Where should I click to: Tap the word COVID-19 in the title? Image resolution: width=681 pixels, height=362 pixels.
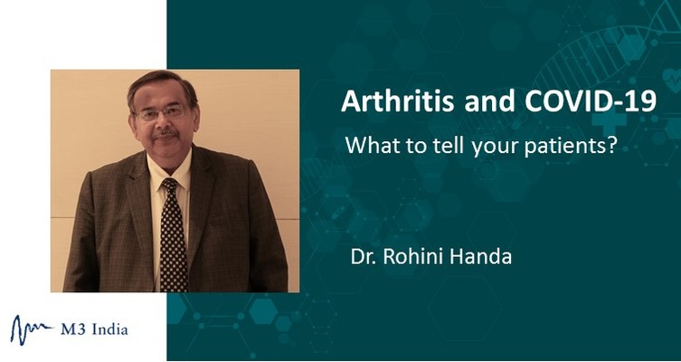click(x=591, y=101)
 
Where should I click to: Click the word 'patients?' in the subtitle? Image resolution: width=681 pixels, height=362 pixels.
click(x=571, y=147)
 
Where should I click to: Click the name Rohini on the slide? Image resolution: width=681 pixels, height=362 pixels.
click(x=414, y=256)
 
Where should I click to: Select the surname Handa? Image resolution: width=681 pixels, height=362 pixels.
click(x=481, y=256)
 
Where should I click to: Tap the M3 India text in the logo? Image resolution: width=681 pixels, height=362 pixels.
click(x=94, y=329)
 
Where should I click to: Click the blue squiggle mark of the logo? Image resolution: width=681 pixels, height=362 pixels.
click(x=32, y=329)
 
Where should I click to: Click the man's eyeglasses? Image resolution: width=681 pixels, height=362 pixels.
click(x=161, y=113)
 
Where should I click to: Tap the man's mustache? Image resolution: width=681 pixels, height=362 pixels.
click(x=166, y=133)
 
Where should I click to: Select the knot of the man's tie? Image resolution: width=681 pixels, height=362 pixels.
click(x=170, y=186)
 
